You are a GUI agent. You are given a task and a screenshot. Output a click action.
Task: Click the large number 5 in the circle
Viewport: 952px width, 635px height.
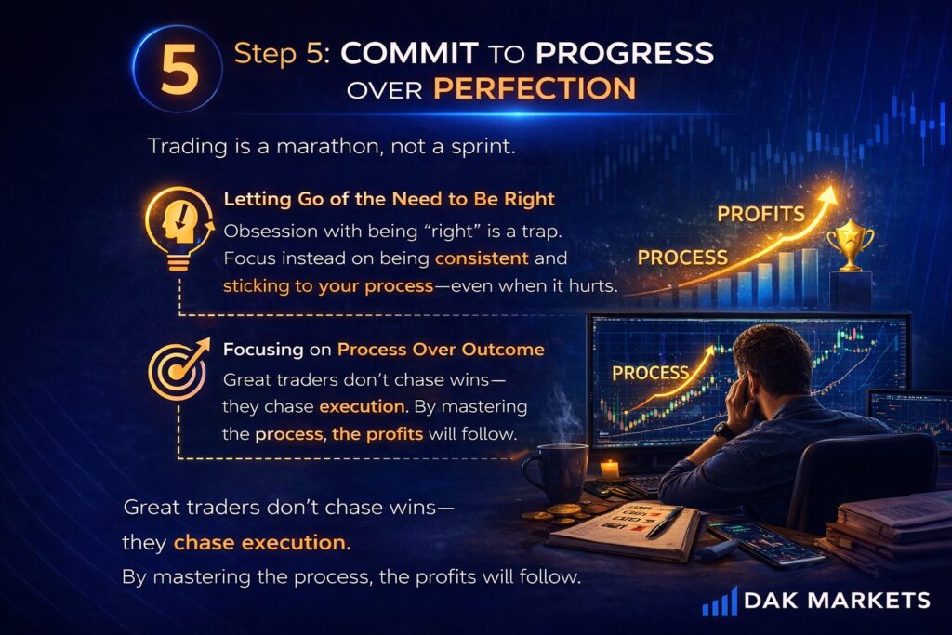(x=179, y=71)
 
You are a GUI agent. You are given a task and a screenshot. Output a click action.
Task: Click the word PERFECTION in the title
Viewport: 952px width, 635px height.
(x=535, y=88)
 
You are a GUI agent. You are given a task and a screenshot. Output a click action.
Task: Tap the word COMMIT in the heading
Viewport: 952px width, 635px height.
(x=409, y=53)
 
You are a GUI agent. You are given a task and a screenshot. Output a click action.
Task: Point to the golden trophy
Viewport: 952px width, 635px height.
(x=851, y=245)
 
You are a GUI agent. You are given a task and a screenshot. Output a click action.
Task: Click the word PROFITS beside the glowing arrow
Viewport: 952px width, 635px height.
(x=760, y=214)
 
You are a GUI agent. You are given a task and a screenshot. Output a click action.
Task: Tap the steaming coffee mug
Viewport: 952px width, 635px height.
(x=555, y=471)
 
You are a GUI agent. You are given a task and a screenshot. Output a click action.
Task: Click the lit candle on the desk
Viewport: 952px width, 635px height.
(x=610, y=468)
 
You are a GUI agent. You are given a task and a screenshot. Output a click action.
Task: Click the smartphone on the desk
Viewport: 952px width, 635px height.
(x=759, y=542)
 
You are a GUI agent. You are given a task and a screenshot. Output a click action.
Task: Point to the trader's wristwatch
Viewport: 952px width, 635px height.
(x=723, y=431)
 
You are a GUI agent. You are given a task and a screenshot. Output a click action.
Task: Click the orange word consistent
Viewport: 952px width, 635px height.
(x=482, y=258)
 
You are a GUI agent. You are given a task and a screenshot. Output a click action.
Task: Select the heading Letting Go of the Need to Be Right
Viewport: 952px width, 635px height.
(x=390, y=199)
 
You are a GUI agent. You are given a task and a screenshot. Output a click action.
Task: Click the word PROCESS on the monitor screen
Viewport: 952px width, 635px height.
(x=650, y=374)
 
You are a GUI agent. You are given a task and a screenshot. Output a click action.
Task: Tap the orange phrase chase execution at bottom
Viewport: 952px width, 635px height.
(x=262, y=543)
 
